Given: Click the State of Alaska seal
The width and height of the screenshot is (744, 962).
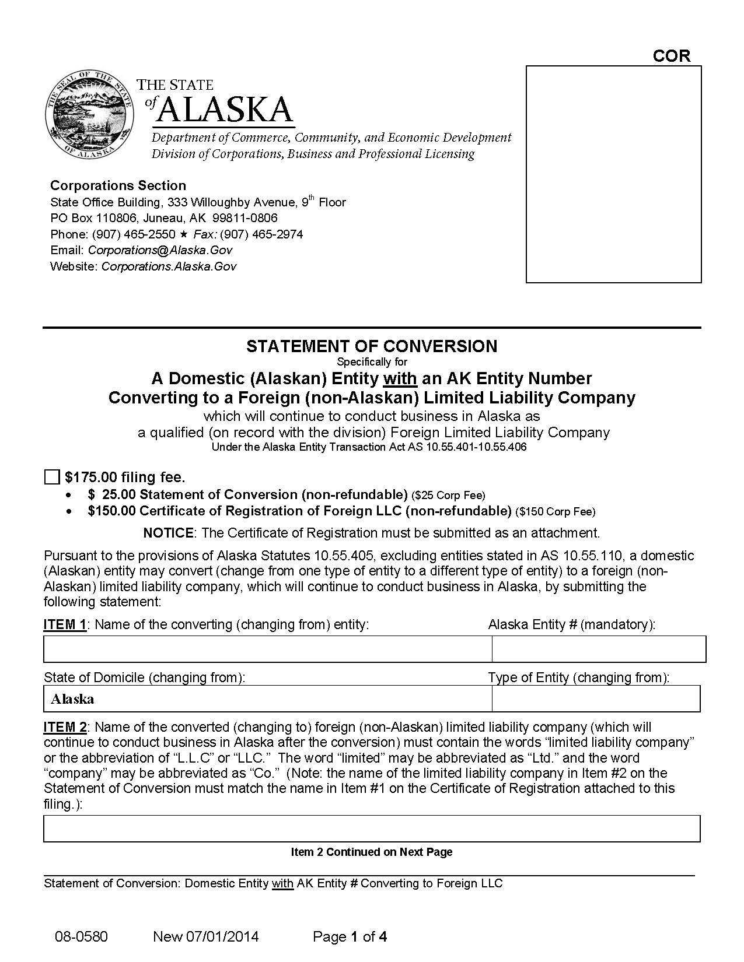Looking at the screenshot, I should coord(88,115).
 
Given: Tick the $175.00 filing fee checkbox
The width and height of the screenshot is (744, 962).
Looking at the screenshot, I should coord(52,478).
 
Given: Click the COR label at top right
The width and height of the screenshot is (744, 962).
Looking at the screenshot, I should coord(671,56).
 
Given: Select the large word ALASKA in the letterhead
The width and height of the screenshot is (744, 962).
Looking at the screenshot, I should coord(225,109).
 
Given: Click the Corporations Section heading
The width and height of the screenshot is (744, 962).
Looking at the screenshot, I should coord(118,185).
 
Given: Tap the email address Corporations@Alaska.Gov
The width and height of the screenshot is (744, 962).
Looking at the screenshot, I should coord(160,250).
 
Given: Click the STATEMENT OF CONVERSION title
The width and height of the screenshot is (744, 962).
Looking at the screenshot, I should coord(371,346).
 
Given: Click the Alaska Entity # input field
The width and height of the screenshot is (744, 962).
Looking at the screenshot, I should coord(598,649).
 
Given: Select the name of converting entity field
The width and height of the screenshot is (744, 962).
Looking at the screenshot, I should coord(267,649).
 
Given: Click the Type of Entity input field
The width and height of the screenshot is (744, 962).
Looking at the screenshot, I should coord(595,698).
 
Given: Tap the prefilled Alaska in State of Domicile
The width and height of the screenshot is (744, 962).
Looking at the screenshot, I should coord(72,699).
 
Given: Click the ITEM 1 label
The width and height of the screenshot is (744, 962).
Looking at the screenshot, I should coord(65,625).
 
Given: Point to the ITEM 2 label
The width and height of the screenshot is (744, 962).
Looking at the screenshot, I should coord(65,727).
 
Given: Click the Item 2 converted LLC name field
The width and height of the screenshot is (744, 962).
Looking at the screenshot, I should coord(371,828).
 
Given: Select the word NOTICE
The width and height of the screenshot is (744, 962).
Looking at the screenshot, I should coord(168,533).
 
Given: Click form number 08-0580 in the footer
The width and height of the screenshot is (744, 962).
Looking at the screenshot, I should coord(81,937).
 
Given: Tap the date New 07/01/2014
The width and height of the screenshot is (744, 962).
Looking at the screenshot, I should coord(205,937).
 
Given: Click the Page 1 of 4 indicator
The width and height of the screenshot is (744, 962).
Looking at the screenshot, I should coord(350,937).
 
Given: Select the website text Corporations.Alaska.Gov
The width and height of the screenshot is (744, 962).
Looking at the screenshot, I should coord(169,266).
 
